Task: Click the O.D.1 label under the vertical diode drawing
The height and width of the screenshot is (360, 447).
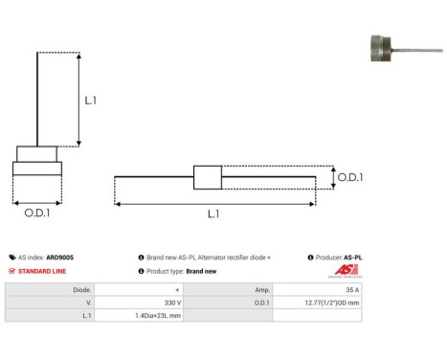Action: point(37,214)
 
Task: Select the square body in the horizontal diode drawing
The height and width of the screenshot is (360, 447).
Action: point(208,177)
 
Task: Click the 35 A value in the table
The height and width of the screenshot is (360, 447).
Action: point(352,288)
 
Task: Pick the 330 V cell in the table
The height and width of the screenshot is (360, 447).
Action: point(173,301)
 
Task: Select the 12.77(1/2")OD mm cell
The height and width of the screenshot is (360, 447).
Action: point(334,301)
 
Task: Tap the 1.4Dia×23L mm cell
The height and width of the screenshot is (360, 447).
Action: point(159,314)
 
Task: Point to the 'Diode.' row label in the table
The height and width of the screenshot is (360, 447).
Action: point(82,288)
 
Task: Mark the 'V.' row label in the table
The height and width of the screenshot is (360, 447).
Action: point(88,301)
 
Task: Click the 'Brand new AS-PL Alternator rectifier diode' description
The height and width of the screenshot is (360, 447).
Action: point(208,258)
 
